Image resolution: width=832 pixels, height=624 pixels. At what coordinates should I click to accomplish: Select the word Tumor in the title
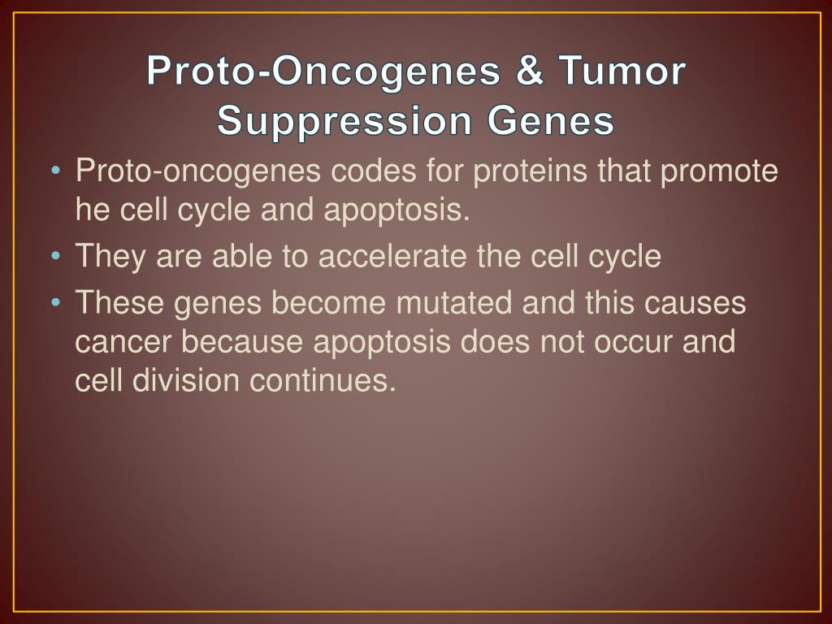[622, 71]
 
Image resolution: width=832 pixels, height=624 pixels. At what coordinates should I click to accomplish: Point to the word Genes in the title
[552, 120]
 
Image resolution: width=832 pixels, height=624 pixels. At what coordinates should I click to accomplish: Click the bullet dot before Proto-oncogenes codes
[55, 171]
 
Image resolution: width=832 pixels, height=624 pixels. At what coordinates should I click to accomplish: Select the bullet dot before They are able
[55, 256]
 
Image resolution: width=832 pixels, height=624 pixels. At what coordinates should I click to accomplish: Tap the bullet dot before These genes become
[55, 303]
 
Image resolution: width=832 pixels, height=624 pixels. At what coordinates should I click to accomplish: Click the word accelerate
[392, 256]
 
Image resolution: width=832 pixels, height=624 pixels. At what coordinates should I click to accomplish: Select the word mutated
[454, 302]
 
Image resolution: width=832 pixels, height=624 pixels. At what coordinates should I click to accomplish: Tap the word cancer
[123, 342]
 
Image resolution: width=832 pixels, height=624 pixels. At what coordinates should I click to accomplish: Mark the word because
[242, 341]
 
